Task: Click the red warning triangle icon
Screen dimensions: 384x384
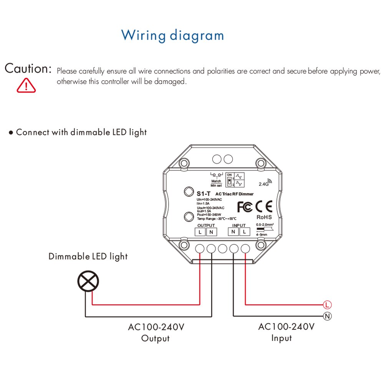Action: click(26, 85)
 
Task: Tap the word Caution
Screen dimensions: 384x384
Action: click(28, 69)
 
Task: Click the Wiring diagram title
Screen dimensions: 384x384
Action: click(172, 35)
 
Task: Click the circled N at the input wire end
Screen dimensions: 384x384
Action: click(327, 316)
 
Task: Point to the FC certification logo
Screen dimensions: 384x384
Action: click(245, 207)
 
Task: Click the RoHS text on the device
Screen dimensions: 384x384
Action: click(264, 217)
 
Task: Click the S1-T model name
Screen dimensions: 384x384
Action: click(202, 194)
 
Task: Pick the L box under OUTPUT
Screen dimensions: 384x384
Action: click(200, 232)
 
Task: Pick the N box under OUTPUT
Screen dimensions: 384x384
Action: click(211, 232)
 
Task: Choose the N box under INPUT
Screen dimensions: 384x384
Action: click(233, 232)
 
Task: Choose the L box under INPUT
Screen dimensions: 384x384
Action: click(245, 232)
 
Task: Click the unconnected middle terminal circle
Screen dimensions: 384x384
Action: click(222, 248)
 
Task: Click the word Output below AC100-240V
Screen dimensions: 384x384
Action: click(156, 338)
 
